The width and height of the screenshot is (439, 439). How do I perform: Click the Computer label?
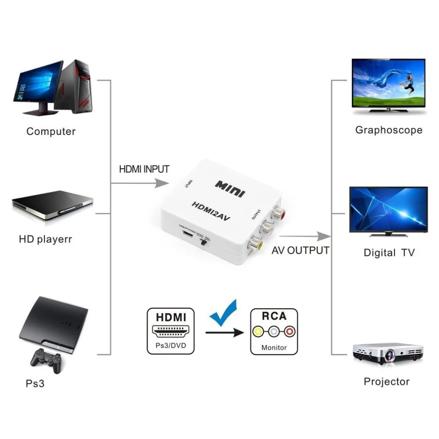pyautogui.click(x=51, y=131)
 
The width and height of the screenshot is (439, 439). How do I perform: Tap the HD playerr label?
pyautogui.click(x=45, y=240)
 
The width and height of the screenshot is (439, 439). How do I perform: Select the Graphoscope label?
pyautogui.click(x=389, y=130)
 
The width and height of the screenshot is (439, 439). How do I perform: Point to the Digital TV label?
pyautogui.click(x=389, y=253)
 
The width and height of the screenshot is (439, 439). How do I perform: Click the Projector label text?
pyautogui.click(x=386, y=381)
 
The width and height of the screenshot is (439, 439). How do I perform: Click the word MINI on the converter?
pyautogui.click(x=230, y=187)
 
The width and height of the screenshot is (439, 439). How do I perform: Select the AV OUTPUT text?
pyautogui.click(x=300, y=251)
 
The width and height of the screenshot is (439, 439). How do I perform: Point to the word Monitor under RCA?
pyautogui.click(x=274, y=347)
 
